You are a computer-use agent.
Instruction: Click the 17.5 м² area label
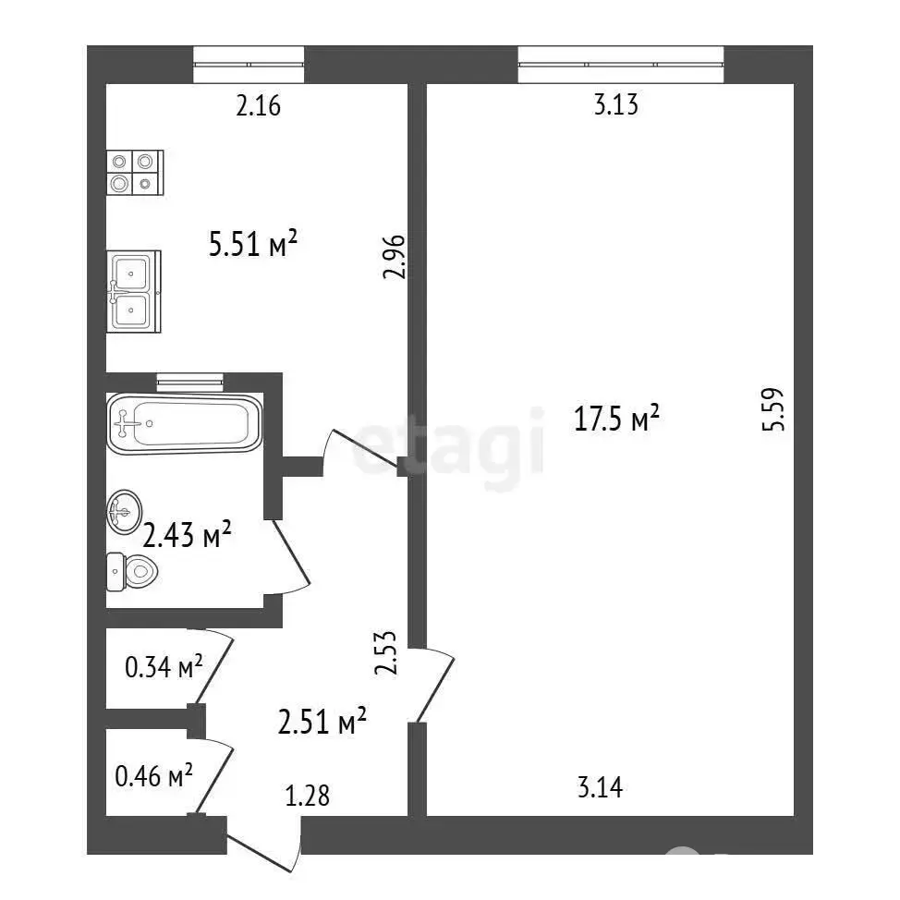616,418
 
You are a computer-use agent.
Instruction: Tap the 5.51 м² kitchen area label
252,243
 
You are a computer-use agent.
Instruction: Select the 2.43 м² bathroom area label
187,535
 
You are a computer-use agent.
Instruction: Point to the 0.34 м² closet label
164,666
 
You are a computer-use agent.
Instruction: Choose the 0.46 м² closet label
153,776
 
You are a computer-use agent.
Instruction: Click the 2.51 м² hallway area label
322,721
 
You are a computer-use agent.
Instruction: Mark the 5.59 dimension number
772,409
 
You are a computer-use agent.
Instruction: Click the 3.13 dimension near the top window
616,105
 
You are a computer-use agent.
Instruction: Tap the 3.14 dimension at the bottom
600,787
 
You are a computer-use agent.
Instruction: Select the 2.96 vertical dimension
395,257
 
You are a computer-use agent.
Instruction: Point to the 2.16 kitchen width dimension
259,106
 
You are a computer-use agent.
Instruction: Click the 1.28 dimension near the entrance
308,797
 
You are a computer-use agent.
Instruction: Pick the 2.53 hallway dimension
385,652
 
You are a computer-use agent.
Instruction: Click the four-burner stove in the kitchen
135,172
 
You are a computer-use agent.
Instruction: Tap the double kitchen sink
134,292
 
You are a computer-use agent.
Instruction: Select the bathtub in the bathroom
184,423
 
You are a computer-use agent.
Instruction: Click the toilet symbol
132,572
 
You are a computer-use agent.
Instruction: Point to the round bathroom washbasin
125,512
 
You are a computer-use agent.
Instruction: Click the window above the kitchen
249,65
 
